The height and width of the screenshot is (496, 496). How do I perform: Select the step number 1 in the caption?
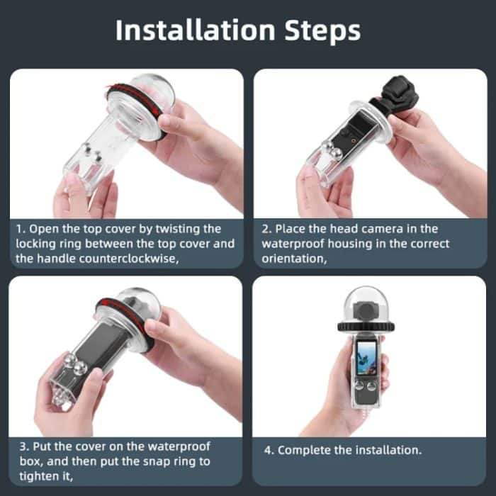[19, 229]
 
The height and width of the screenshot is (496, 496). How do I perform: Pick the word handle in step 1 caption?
[62, 259]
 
